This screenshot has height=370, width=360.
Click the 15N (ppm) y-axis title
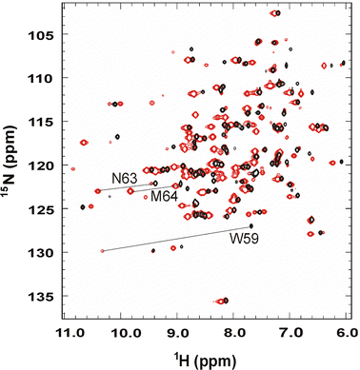pyautogui.click(x=10, y=163)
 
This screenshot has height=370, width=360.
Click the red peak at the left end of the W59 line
pyautogui.click(x=102, y=251)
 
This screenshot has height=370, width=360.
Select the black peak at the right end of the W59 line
pyautogui.click(x=250, y=225)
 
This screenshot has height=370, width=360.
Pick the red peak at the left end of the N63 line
pyautogui.click(x=97, y=189)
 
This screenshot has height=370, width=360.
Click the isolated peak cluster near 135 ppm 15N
pyautogui.click(x=221, y=301)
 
